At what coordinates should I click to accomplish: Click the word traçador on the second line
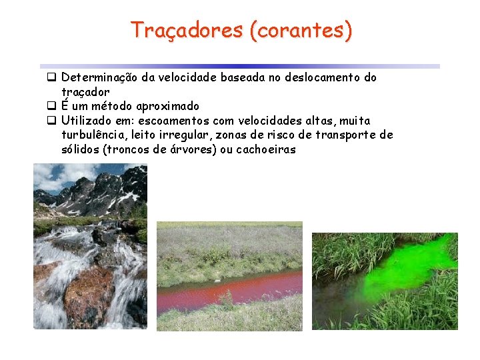(x=85, y=91)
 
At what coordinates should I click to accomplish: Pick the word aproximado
(x=168, y=106)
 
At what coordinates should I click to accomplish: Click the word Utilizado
(x=85, y=121)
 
